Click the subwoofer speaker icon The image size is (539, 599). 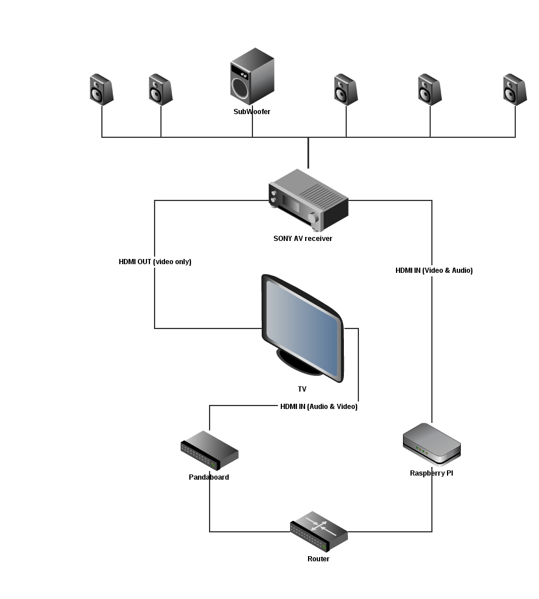click(x=252, y=76)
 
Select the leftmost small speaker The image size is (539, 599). click(x=101, y=90)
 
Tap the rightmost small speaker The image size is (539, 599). click(x=515, y=90)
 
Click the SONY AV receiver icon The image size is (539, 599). click(x=309, y=200)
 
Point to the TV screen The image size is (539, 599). click(x=303, y=328)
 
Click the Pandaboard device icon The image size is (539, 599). click(x=210, y=450)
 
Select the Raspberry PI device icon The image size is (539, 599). click(x=432, y=444)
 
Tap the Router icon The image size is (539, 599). click(x=319, y=531)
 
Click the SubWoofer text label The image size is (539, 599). click(x=252, y=112)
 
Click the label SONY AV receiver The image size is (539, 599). click(x=303, y=238)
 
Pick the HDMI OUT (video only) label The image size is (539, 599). click(x=155, y=262)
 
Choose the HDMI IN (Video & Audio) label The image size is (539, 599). click(x=434, y=271)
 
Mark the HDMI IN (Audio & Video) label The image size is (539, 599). click(x=319, y=407)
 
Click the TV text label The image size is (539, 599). click(x=302, y=389)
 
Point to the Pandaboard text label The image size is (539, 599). click(x=209, y=477)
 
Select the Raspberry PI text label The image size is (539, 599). click(x=431, y=473)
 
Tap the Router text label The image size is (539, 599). click(x=318, y=559)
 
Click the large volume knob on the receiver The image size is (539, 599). click(x=313, y=218)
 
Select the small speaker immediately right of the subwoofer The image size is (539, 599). click(x=346, y=90)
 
